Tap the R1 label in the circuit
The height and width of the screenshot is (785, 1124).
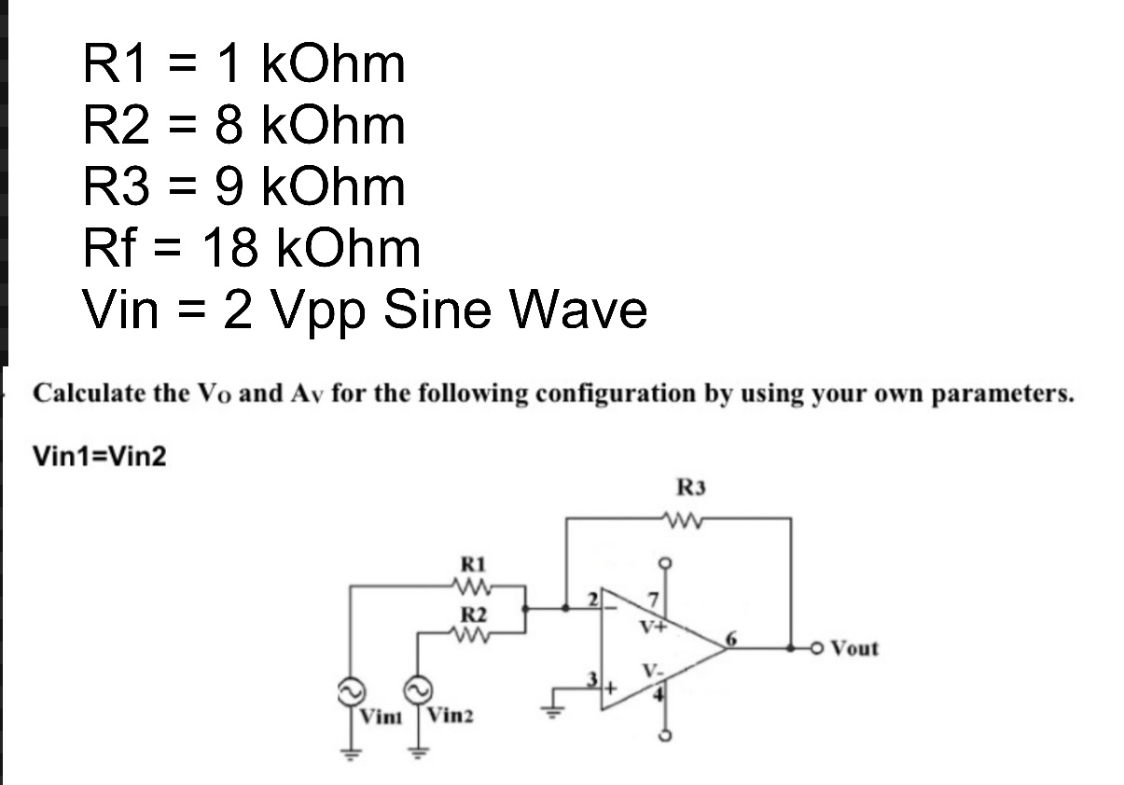(x=475, y=564)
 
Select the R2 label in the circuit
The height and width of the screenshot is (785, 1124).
(x=475, y=614)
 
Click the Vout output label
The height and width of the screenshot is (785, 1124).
(x=853, y=647)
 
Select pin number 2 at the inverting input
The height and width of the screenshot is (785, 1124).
(x=591, y=599)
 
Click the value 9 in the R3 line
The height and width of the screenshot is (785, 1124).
(x=230, y=186)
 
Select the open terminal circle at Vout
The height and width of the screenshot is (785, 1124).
(x=815, y=647)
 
